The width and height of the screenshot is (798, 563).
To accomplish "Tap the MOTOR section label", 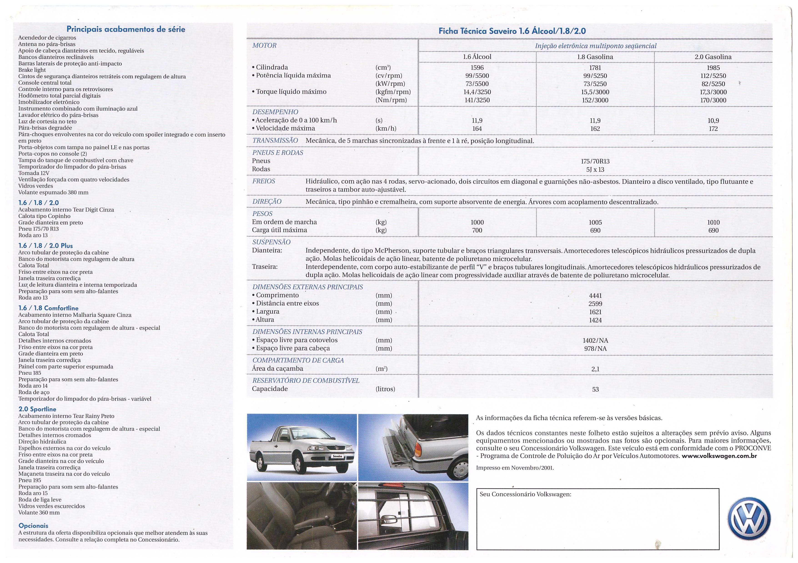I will [264, 45].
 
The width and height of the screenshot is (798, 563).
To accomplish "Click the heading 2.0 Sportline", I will [37, 409].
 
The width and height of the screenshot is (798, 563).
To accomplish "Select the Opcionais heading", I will [33, 526].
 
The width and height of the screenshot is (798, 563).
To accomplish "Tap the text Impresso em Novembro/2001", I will [515, 468].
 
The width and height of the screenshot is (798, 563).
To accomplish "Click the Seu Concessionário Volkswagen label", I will [525, 494].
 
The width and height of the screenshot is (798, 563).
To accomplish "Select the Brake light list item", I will [32, 70].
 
